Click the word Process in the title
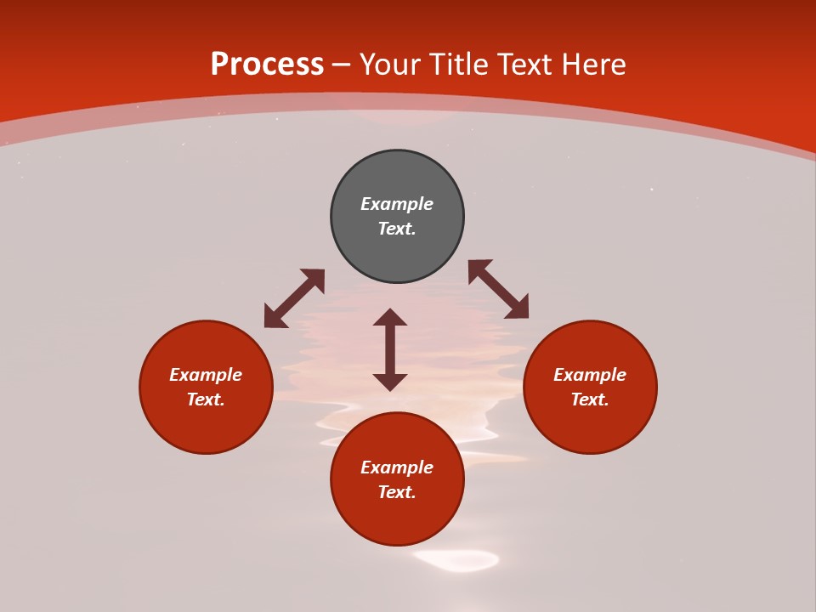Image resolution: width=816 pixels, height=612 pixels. coord(267,65)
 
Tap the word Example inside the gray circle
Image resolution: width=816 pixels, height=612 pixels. coord(397,204)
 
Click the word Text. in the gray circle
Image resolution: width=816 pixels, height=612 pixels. coord(397,229)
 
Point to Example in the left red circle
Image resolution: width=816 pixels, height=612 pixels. coord(206,375)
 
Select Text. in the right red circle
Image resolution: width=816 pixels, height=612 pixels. coord(590,399)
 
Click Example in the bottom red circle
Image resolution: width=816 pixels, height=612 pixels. coord(397,467)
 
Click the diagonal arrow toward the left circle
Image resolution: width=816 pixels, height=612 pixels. coord(294,298)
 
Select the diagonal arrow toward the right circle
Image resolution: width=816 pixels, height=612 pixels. coord(498,289)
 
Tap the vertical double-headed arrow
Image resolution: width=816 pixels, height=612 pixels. coord(390,349)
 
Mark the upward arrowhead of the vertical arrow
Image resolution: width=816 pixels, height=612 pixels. coord(390,317)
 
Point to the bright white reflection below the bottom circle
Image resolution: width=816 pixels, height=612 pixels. coord(456,559)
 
